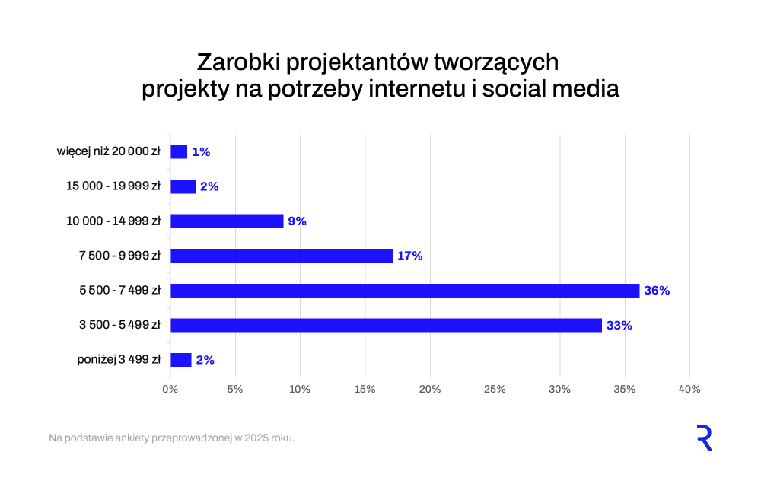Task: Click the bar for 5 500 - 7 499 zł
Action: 405,291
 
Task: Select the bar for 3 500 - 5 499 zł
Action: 386,326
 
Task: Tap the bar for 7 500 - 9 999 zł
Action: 282,256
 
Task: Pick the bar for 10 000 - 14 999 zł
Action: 227,221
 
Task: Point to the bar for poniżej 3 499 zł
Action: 181,360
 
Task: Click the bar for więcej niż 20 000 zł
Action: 179,152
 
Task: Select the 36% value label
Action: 657,291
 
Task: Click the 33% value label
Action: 619,326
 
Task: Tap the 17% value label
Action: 409,256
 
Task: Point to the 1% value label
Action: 201,152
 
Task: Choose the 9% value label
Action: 297,221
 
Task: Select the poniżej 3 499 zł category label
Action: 119,360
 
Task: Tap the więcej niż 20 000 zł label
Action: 108,152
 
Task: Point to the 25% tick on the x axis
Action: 495,390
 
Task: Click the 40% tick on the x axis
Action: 689,390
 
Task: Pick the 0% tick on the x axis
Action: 170,390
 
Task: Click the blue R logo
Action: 704,438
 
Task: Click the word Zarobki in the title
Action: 235,62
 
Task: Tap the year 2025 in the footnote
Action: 254,438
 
